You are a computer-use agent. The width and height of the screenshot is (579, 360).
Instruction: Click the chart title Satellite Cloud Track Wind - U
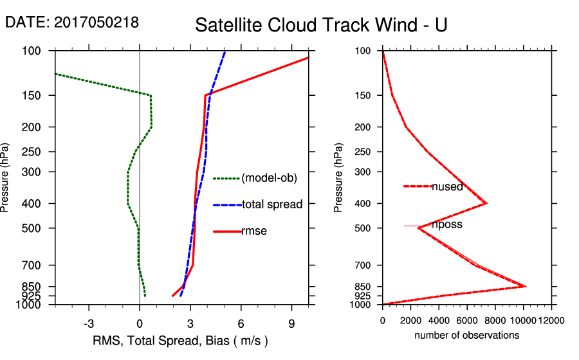coord(320,25)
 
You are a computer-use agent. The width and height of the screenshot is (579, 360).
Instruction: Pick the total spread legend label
coord(272,204)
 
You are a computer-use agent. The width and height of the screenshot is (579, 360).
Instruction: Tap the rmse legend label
coord(254,231)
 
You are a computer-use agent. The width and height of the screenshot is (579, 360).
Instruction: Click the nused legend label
coord(447,187)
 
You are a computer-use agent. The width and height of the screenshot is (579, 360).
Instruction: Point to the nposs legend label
coord(447,225)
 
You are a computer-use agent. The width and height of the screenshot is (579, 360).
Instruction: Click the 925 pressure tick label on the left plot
coord(32,296)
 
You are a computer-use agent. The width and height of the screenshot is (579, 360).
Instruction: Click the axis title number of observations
coord(466,336)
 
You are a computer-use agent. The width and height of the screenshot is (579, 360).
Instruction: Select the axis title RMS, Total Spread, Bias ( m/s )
coord(180,340)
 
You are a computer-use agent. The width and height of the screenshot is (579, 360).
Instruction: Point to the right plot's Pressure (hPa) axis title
coord(338,177)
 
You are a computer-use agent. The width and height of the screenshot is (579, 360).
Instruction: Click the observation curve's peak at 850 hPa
coord(526,286)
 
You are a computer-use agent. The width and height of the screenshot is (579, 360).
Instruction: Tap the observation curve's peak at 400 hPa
coord(486,203)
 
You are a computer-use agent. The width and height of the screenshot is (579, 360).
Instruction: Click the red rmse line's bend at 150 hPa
coord(205,95)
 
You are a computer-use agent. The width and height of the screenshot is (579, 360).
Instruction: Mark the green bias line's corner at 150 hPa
coord(151,95)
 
